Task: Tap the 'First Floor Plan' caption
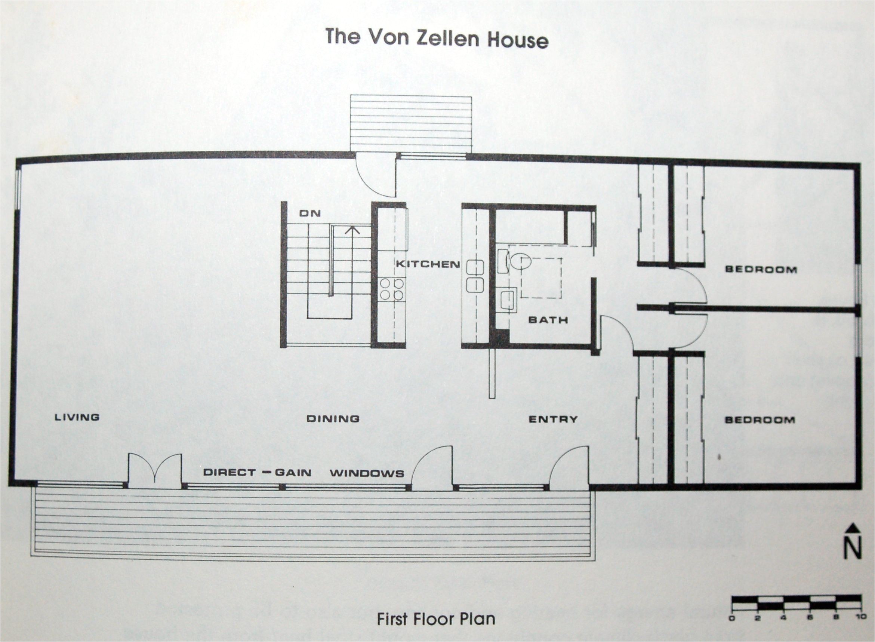436,619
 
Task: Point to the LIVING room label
77,417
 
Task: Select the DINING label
333,418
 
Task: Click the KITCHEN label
428,264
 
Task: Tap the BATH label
548,320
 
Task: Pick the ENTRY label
553,419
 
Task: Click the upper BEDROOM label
761,269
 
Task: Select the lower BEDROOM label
760,420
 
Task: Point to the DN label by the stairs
309,213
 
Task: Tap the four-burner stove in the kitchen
391,289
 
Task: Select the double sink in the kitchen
475,276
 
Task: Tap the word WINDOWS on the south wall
367,473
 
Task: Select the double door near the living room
155,470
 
